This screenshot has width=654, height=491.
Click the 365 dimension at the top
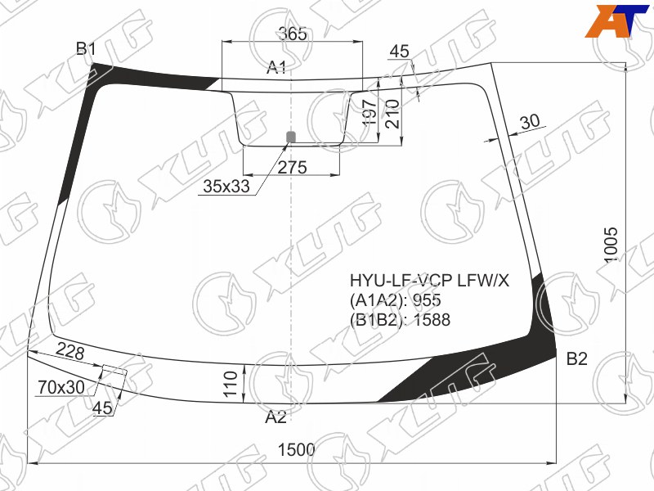click(293, 34)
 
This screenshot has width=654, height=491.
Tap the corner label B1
click(87, 49)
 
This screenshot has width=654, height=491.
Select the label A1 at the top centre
click(276, 67)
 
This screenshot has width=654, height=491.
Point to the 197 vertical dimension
click(370, 114)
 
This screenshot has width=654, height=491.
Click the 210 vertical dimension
click(392, 114)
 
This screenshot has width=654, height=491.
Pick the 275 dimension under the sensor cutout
click(292, 168)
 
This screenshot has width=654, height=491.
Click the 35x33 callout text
click(226, 187)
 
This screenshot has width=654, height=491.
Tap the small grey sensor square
click(291, 137)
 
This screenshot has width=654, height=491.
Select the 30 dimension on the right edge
click(530, 122)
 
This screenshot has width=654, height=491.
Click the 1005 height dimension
click(611, 245)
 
